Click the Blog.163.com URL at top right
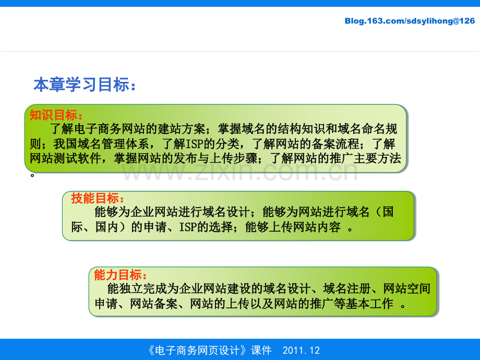(x=410, y=21)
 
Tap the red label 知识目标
(x=56, y=115)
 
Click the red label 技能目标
(x=98, y=198)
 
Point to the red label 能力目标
(x=121, y=274)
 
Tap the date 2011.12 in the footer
(x=301, y=350)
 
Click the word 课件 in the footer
(x=261, y=350)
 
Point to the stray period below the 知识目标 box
(x=32, y=175)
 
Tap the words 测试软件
(x=77, y=158)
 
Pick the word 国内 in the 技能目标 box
(x=107, y=227)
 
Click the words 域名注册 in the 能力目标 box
(x=347, y=289)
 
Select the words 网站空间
(x=407, y=289)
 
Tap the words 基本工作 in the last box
(x=369, y=303)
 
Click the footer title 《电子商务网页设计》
(x=197, y=350)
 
